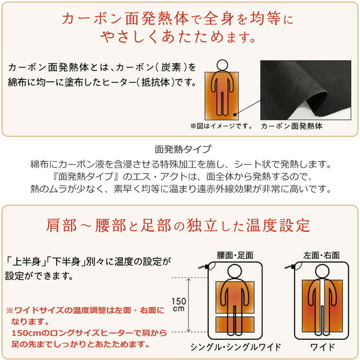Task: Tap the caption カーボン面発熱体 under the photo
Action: coord(291,126)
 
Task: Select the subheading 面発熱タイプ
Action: coord(183,150)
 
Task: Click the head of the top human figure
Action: coord(222,65)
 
